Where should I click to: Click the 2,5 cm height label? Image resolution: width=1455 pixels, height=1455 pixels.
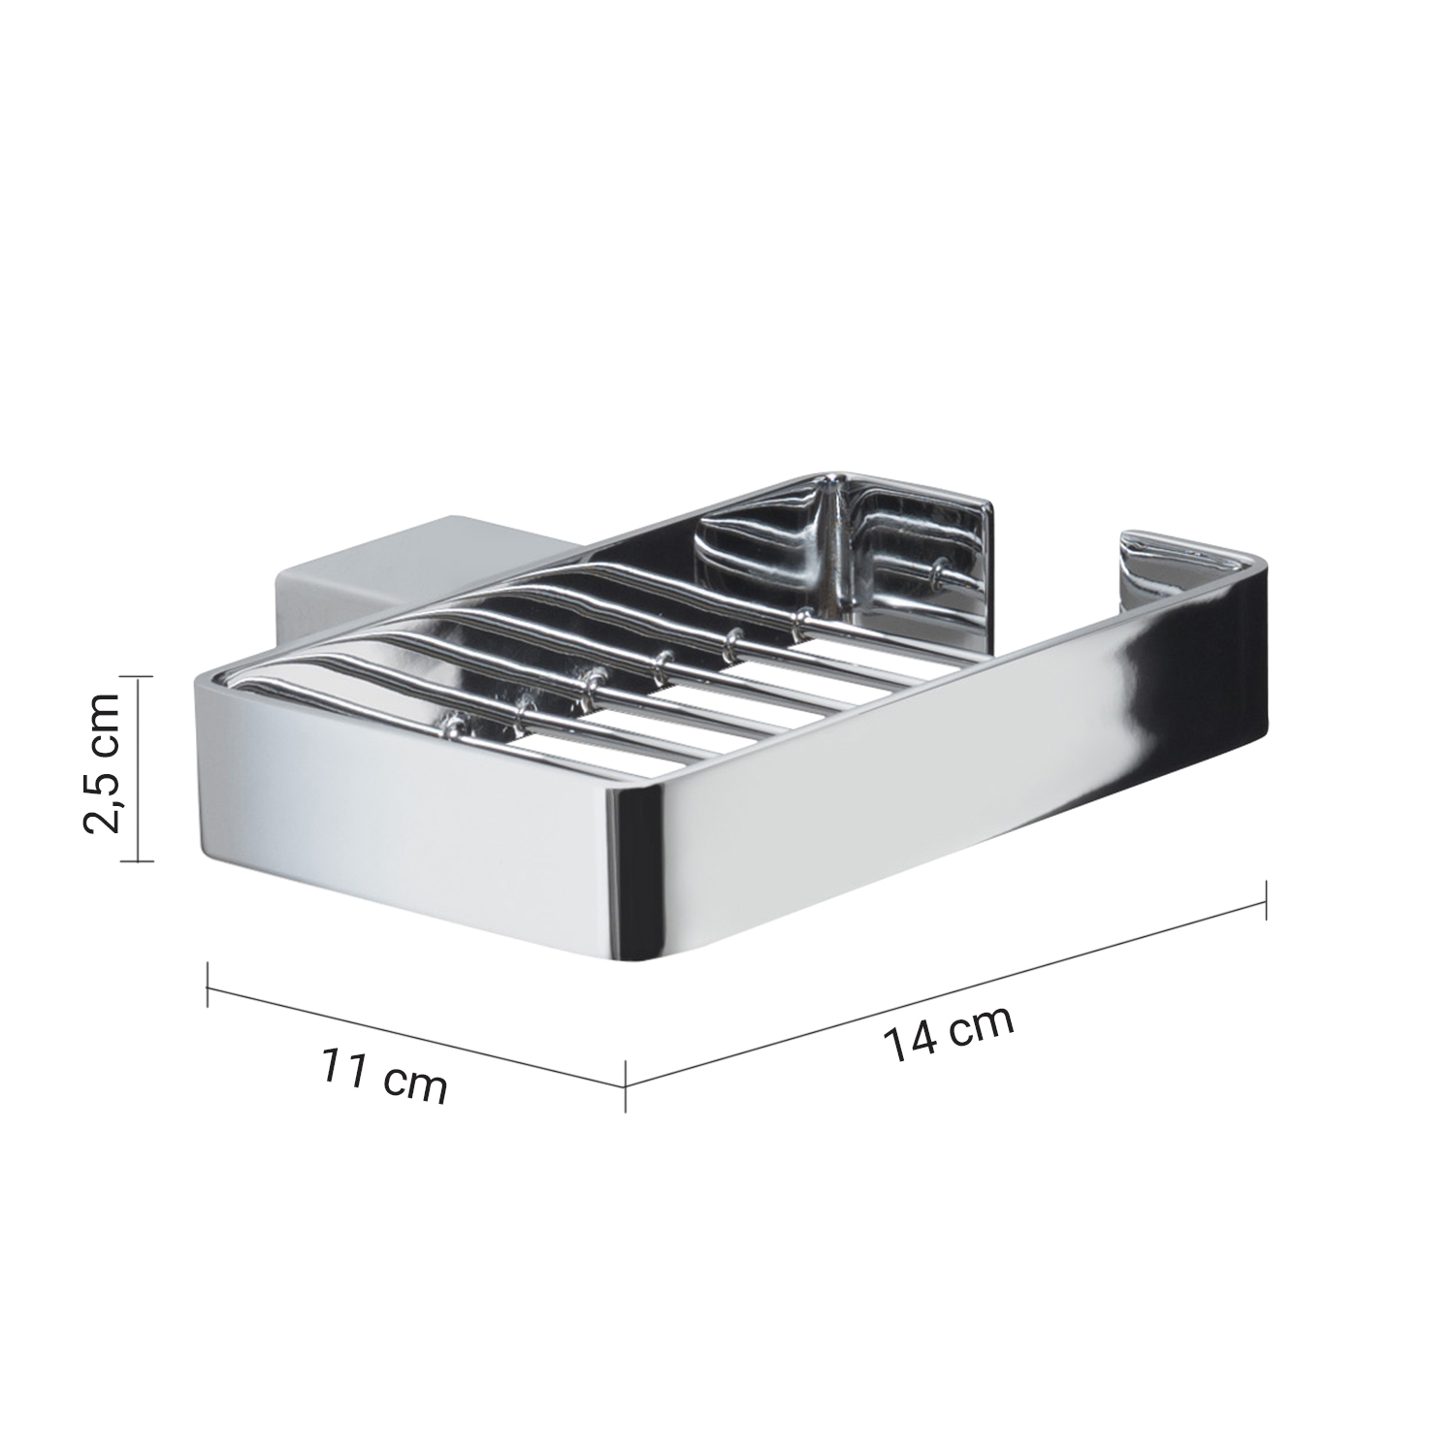tap(102, 762)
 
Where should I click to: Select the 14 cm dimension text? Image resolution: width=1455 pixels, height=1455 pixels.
tap(948, 1031)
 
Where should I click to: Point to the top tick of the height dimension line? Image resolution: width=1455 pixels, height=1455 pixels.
tap(140, 678)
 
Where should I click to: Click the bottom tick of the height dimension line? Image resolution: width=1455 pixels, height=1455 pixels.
tap(140, 859)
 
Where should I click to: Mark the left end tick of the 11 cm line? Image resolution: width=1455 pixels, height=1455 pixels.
tap(209, 984)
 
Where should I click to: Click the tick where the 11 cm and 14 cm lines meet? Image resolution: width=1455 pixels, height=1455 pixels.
tap(626, 1084)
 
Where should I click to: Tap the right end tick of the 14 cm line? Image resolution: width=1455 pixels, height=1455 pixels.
tap(1267, 903)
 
